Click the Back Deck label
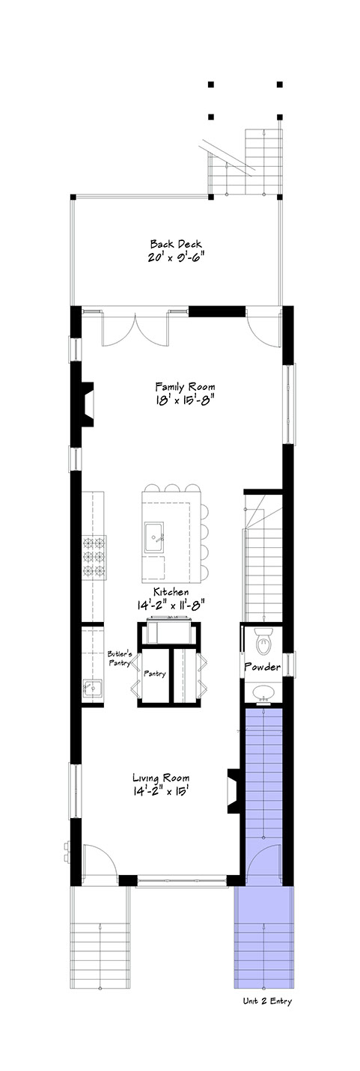point(176,244)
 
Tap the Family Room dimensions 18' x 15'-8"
point(185,400)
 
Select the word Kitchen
point(171,592)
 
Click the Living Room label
point(161,778)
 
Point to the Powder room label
point(263,667)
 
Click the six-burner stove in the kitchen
point(94,557)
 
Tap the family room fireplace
point(87,404)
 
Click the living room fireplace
point(234,791)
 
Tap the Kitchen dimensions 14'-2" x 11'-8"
point(170,604)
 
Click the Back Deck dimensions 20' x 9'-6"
point(176,257)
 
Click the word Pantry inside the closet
point(154,674)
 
